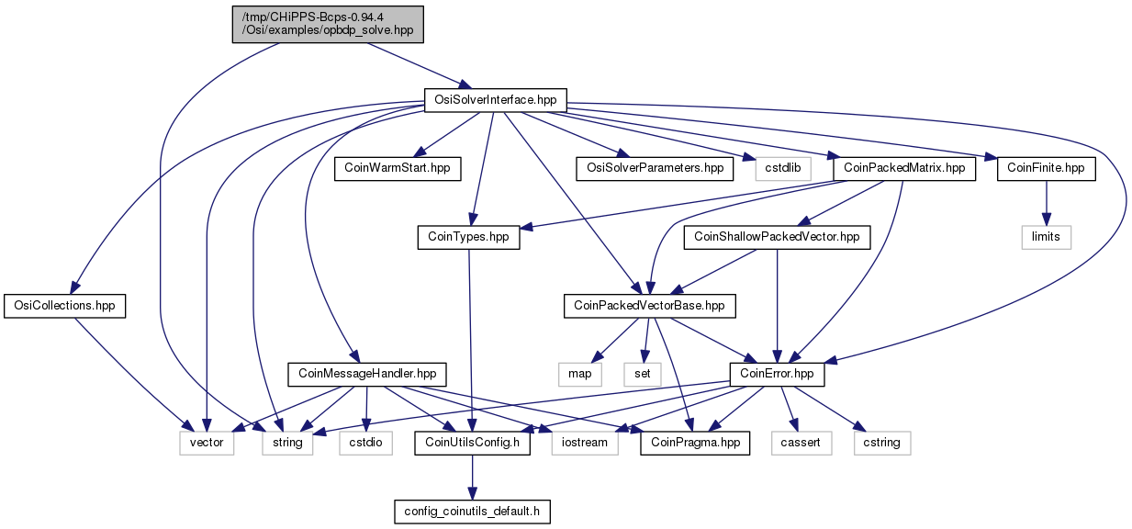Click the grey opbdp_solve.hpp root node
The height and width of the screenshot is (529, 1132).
[x=328, y=24]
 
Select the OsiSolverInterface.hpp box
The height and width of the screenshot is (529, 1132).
[x=495, y=100]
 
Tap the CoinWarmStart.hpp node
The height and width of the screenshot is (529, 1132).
[x=398, y=168]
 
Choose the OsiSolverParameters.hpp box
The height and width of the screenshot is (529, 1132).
[x=655, y=168]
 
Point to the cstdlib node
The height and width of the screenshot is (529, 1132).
[x=783, y=168]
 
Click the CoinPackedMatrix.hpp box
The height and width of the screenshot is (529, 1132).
[x=904, y=168]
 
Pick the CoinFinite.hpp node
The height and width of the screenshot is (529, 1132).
[x=1046, y=168]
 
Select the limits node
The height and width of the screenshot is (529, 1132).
[x=1046, y=237]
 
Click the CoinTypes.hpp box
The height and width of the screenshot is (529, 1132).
[x=468, y=237]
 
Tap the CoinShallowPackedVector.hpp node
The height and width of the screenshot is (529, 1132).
[x=777, y=237]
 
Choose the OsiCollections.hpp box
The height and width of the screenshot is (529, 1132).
[x=64, y=306]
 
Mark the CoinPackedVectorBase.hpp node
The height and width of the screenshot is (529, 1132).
[x=649, y=306]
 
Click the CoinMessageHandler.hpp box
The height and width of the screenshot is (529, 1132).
[x=367, y=374]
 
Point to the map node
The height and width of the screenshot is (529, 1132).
[x=579, y=374]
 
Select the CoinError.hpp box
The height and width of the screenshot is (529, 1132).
[x=777, y=374]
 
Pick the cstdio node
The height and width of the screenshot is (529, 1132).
[x=365, y=443]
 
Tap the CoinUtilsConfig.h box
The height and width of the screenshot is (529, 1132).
[x=472, y=443]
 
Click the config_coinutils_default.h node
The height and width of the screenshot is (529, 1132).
[x=472, y=512]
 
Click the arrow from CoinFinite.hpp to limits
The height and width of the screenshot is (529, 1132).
[x=1046, y=203]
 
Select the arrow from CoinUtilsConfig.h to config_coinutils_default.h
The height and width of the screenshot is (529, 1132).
[x=472, y=478]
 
